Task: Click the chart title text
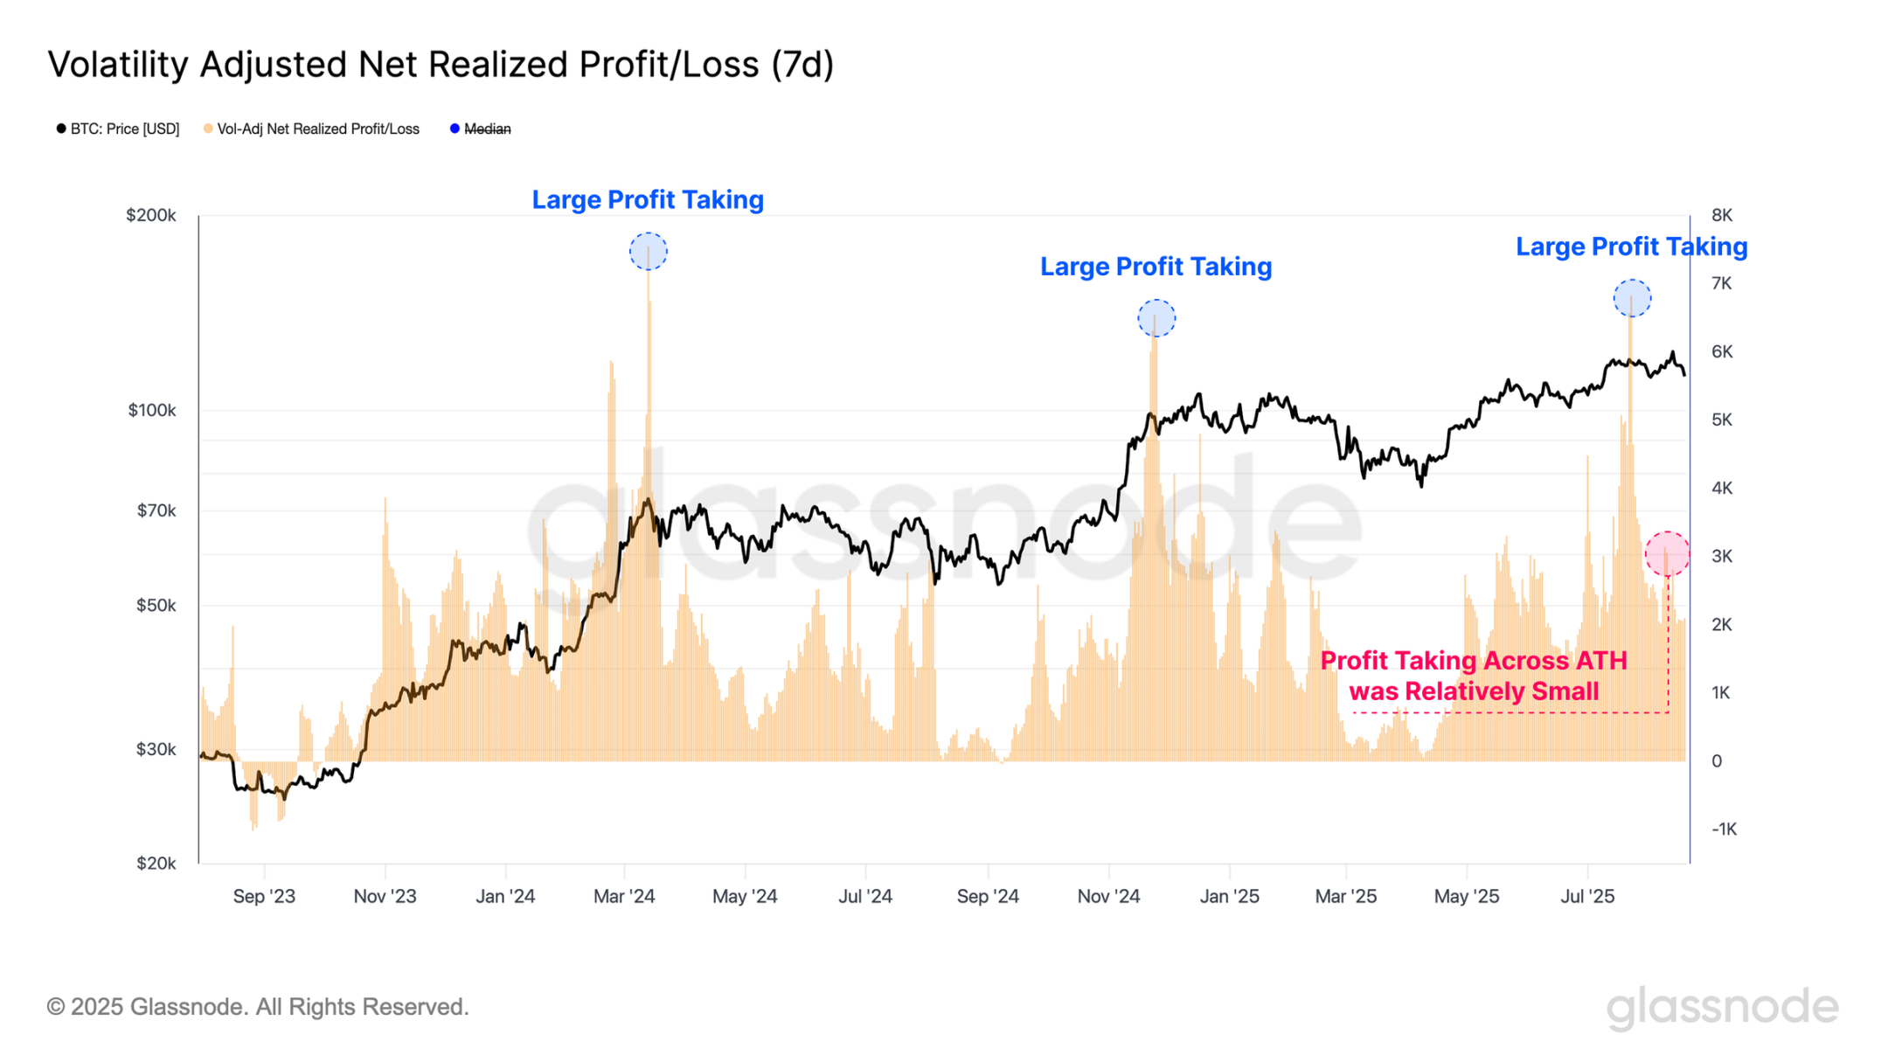pyautogui.click(x=441, y=65)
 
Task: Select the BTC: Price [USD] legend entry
pyautogui.click(x=118, y=129)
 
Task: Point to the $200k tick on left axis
pyautogui.click(x=151, y=216)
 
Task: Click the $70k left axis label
pyautogui.click(x=156, y=511)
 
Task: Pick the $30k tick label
pyautogui.click(x=156, y=750)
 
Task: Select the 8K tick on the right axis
pyautogui.click(x=1721, y=216)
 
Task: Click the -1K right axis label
pyautogui.click(x=1723, y=829)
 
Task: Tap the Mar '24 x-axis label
pyautogui.click(x=624, y=897)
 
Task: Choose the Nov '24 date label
pyautogui.click(x=1108, y=897)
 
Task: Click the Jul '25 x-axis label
pyautogui.click(x=1587, y=897)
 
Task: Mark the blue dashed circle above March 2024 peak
pyautogui.click(x=649, y=252)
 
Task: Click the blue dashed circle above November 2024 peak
pyautogui.click(x=1156, y=318)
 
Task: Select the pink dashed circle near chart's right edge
pyautogui.click(x=1667, y=554)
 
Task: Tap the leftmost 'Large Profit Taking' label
pyautogui.click(x=648, y=200)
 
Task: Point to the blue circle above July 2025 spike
pyautogui.click(x=1632, y=299)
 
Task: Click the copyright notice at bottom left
pyautogui.click(x=258, y=1007)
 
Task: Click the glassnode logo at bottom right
pyautogui.click(x=1722, y=1007)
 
